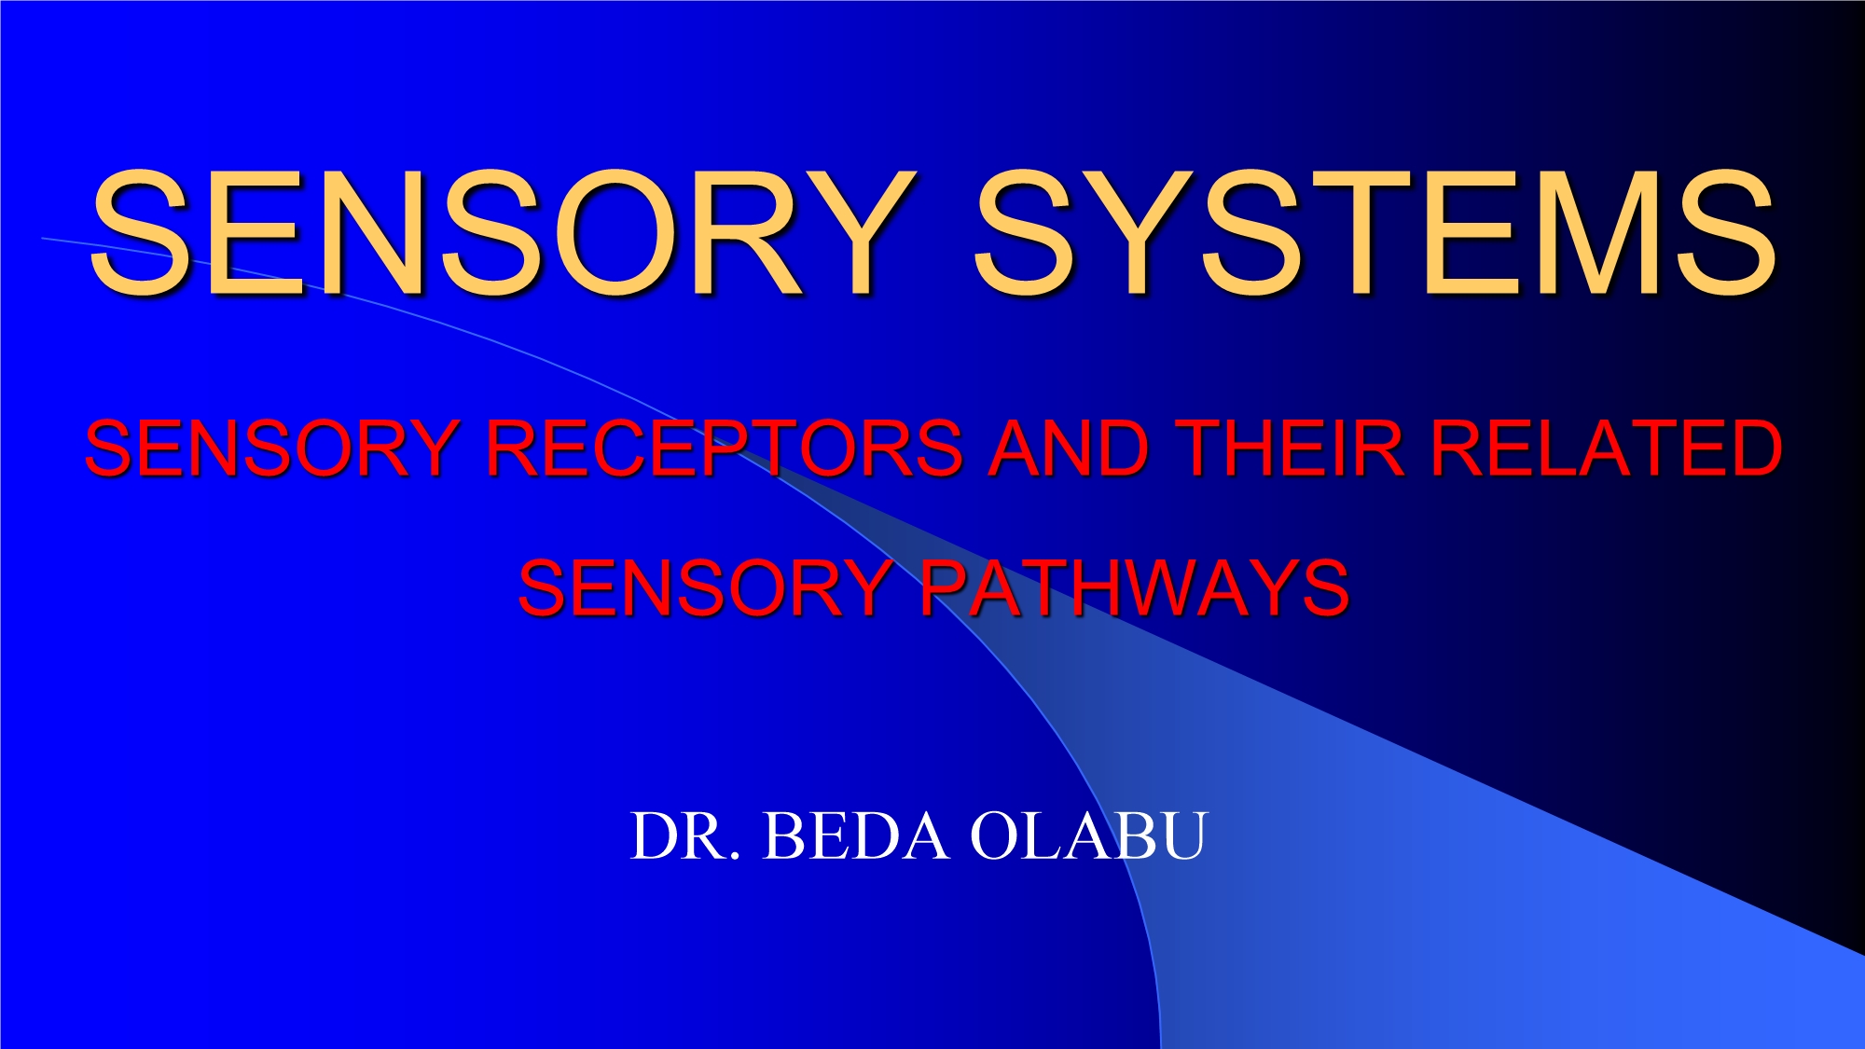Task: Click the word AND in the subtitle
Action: [x=1068, y=449]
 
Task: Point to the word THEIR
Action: [x=1289, y=449]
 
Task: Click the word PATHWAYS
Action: [x=1134, y=588]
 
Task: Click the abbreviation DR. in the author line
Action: [x=685, y=835]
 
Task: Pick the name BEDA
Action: [x=856, y=835]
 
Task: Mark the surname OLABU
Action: [x=1088, y=835]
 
